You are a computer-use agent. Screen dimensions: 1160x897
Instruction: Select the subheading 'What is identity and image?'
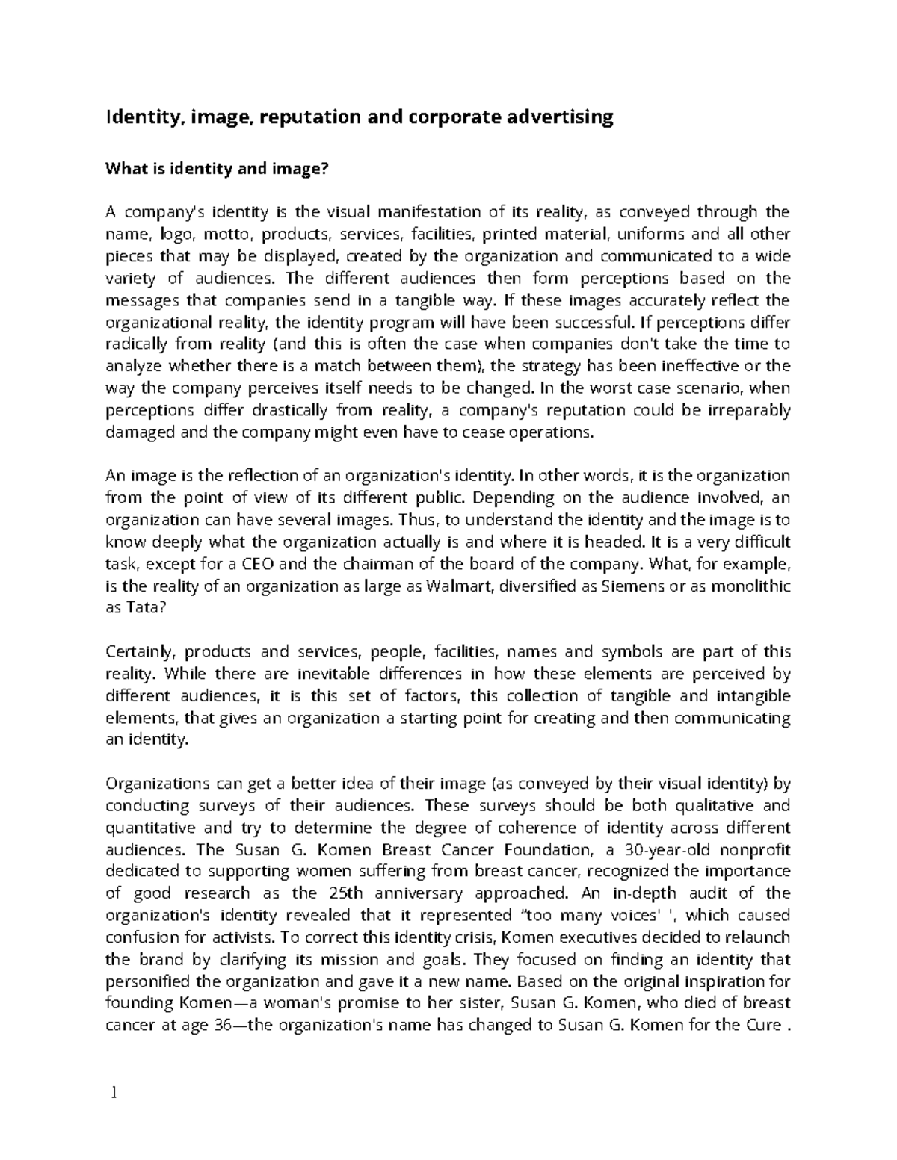point(217,169)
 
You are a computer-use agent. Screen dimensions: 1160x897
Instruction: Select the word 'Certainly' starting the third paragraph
point(139,652)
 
